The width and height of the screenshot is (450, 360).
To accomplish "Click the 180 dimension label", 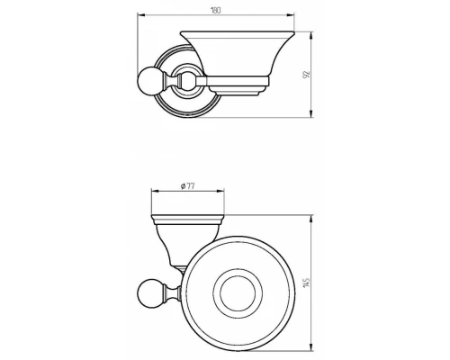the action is click(x=216, y=11).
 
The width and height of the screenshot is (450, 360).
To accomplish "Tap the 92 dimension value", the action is click(x=306, y=75).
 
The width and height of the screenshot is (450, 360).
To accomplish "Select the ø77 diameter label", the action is click(x=188, y=186).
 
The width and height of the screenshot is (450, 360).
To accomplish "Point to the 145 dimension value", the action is click(x=306, y=283).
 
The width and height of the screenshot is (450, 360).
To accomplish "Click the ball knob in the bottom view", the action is click(x=148, y=292).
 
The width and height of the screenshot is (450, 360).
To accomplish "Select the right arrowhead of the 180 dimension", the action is click(x=291, y=14).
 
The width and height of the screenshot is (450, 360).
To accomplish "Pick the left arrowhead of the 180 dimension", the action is click(x=141, y=14).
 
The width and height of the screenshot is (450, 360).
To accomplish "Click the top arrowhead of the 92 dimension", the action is click(x=312, y=35).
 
